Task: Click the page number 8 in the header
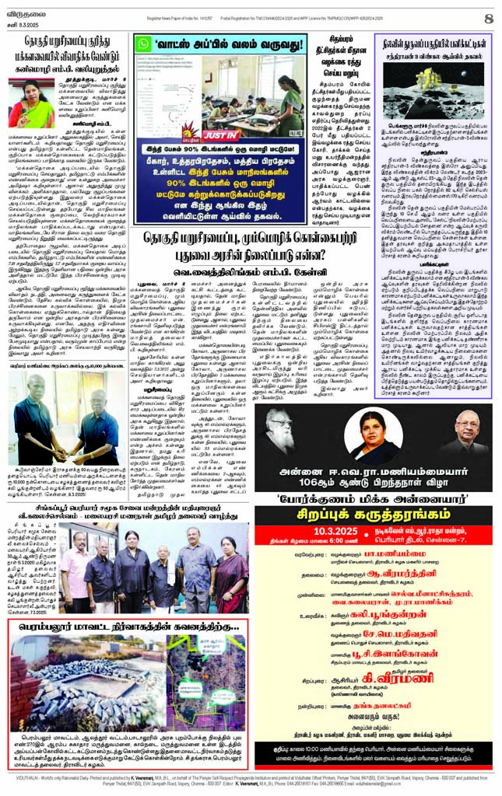(x=488, y=17)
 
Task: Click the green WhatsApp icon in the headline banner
(x=146, y=46)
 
